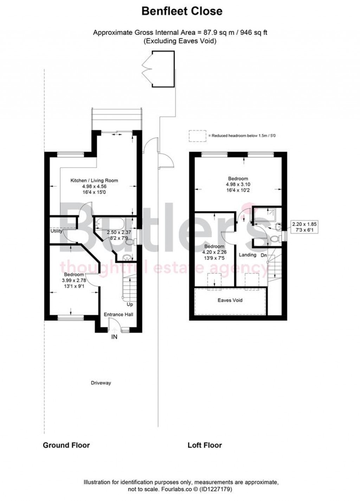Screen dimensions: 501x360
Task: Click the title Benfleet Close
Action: click(x=182, y=11)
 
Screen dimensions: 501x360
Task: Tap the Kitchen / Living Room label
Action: click(x=94, y=181)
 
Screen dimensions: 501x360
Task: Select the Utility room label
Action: click(x=56, y=231)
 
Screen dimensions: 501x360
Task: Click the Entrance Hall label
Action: click(x=118, y=314)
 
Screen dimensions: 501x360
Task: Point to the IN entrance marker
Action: click(x=114, y=337)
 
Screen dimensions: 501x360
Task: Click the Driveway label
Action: click(x=101, y=383)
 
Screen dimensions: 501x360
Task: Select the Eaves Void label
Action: click(x=230, y=300)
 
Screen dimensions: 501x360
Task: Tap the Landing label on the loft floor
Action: click(x=247, y=255)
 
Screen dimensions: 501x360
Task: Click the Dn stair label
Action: click(x=264, y=255)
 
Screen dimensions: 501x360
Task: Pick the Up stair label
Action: click(x=130, y=304)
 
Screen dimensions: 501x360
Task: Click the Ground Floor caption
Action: click(x=66, y=445)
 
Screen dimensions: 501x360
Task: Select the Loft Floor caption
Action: click(x=205, y=445)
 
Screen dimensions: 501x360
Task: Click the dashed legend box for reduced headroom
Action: click(x=197, y=136)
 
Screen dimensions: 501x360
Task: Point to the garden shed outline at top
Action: click(x=163, y=69)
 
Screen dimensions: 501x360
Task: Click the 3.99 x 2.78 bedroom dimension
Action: click(x=74, y=280)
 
